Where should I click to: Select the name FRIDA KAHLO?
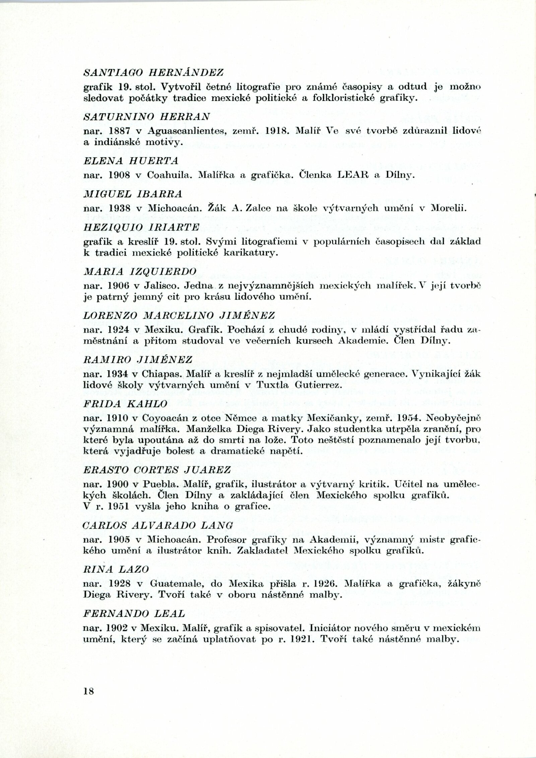125,404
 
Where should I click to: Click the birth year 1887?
118,131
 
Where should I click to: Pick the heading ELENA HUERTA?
131,161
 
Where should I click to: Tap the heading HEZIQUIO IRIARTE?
141,227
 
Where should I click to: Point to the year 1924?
118,330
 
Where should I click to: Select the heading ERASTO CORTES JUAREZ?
157,470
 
